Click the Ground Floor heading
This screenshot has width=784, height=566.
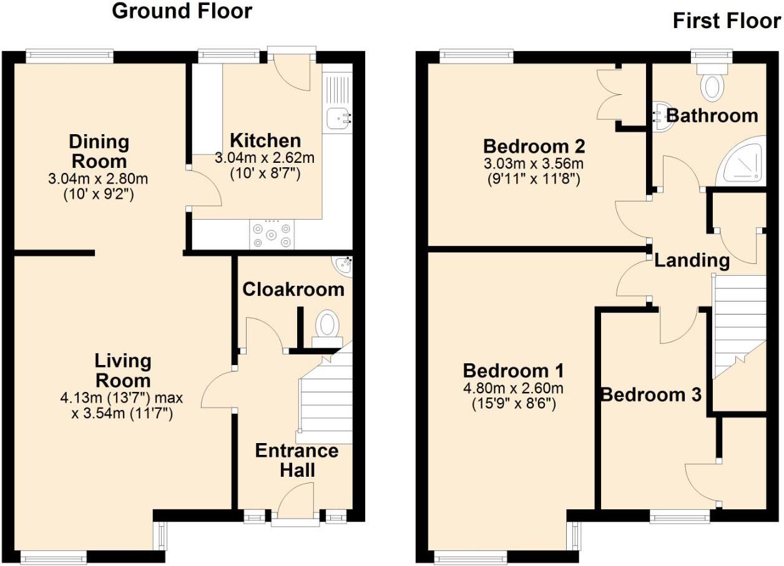click(x=182, y=11)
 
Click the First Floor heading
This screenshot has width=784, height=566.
click(x=726, y=21)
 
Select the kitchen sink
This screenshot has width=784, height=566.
click(x=337, y=116)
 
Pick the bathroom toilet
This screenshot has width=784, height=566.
click(x=711, y=87)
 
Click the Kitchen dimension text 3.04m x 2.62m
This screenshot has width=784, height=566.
click(x=265, y=159)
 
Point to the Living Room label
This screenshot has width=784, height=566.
click(x=122, y=370)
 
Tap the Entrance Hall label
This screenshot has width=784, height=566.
click(x=296, y=460)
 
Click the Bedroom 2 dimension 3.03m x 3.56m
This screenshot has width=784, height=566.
click(x=534, y=165)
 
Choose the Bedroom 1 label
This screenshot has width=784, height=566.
click(x=513, y=371)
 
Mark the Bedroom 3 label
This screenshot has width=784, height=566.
click(x=651, y=394)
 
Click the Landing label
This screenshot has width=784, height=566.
click(x=692, y=260)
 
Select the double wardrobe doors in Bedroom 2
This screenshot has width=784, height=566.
click(x=609, y=94)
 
